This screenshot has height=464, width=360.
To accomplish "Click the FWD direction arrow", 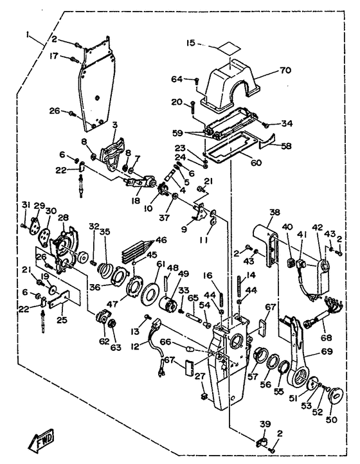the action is click(x=42, y=438).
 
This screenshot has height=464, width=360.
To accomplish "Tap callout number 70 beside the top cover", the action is click(x=285, y=70).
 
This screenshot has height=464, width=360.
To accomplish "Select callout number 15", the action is click(x=192, y=43).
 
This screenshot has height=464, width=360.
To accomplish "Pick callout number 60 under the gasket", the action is click(x=256, y=163).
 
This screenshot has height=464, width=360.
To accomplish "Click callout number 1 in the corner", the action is click(x=28, y=35).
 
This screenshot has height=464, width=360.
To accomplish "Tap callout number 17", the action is click(x=54, y=56).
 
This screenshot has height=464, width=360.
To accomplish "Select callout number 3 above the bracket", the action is click(x=114, y=125).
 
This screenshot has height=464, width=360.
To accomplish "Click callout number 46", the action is click(x=162, y=240).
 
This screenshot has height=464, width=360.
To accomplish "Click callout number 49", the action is click(x=183, y=274).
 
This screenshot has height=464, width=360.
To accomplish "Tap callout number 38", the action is click(x=274, y=212).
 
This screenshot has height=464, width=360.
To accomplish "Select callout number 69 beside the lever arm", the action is click(x=326, y=352).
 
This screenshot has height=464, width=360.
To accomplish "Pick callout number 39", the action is click(x=265, y=424).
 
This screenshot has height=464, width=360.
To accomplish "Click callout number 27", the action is click(x=200, y=377).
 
